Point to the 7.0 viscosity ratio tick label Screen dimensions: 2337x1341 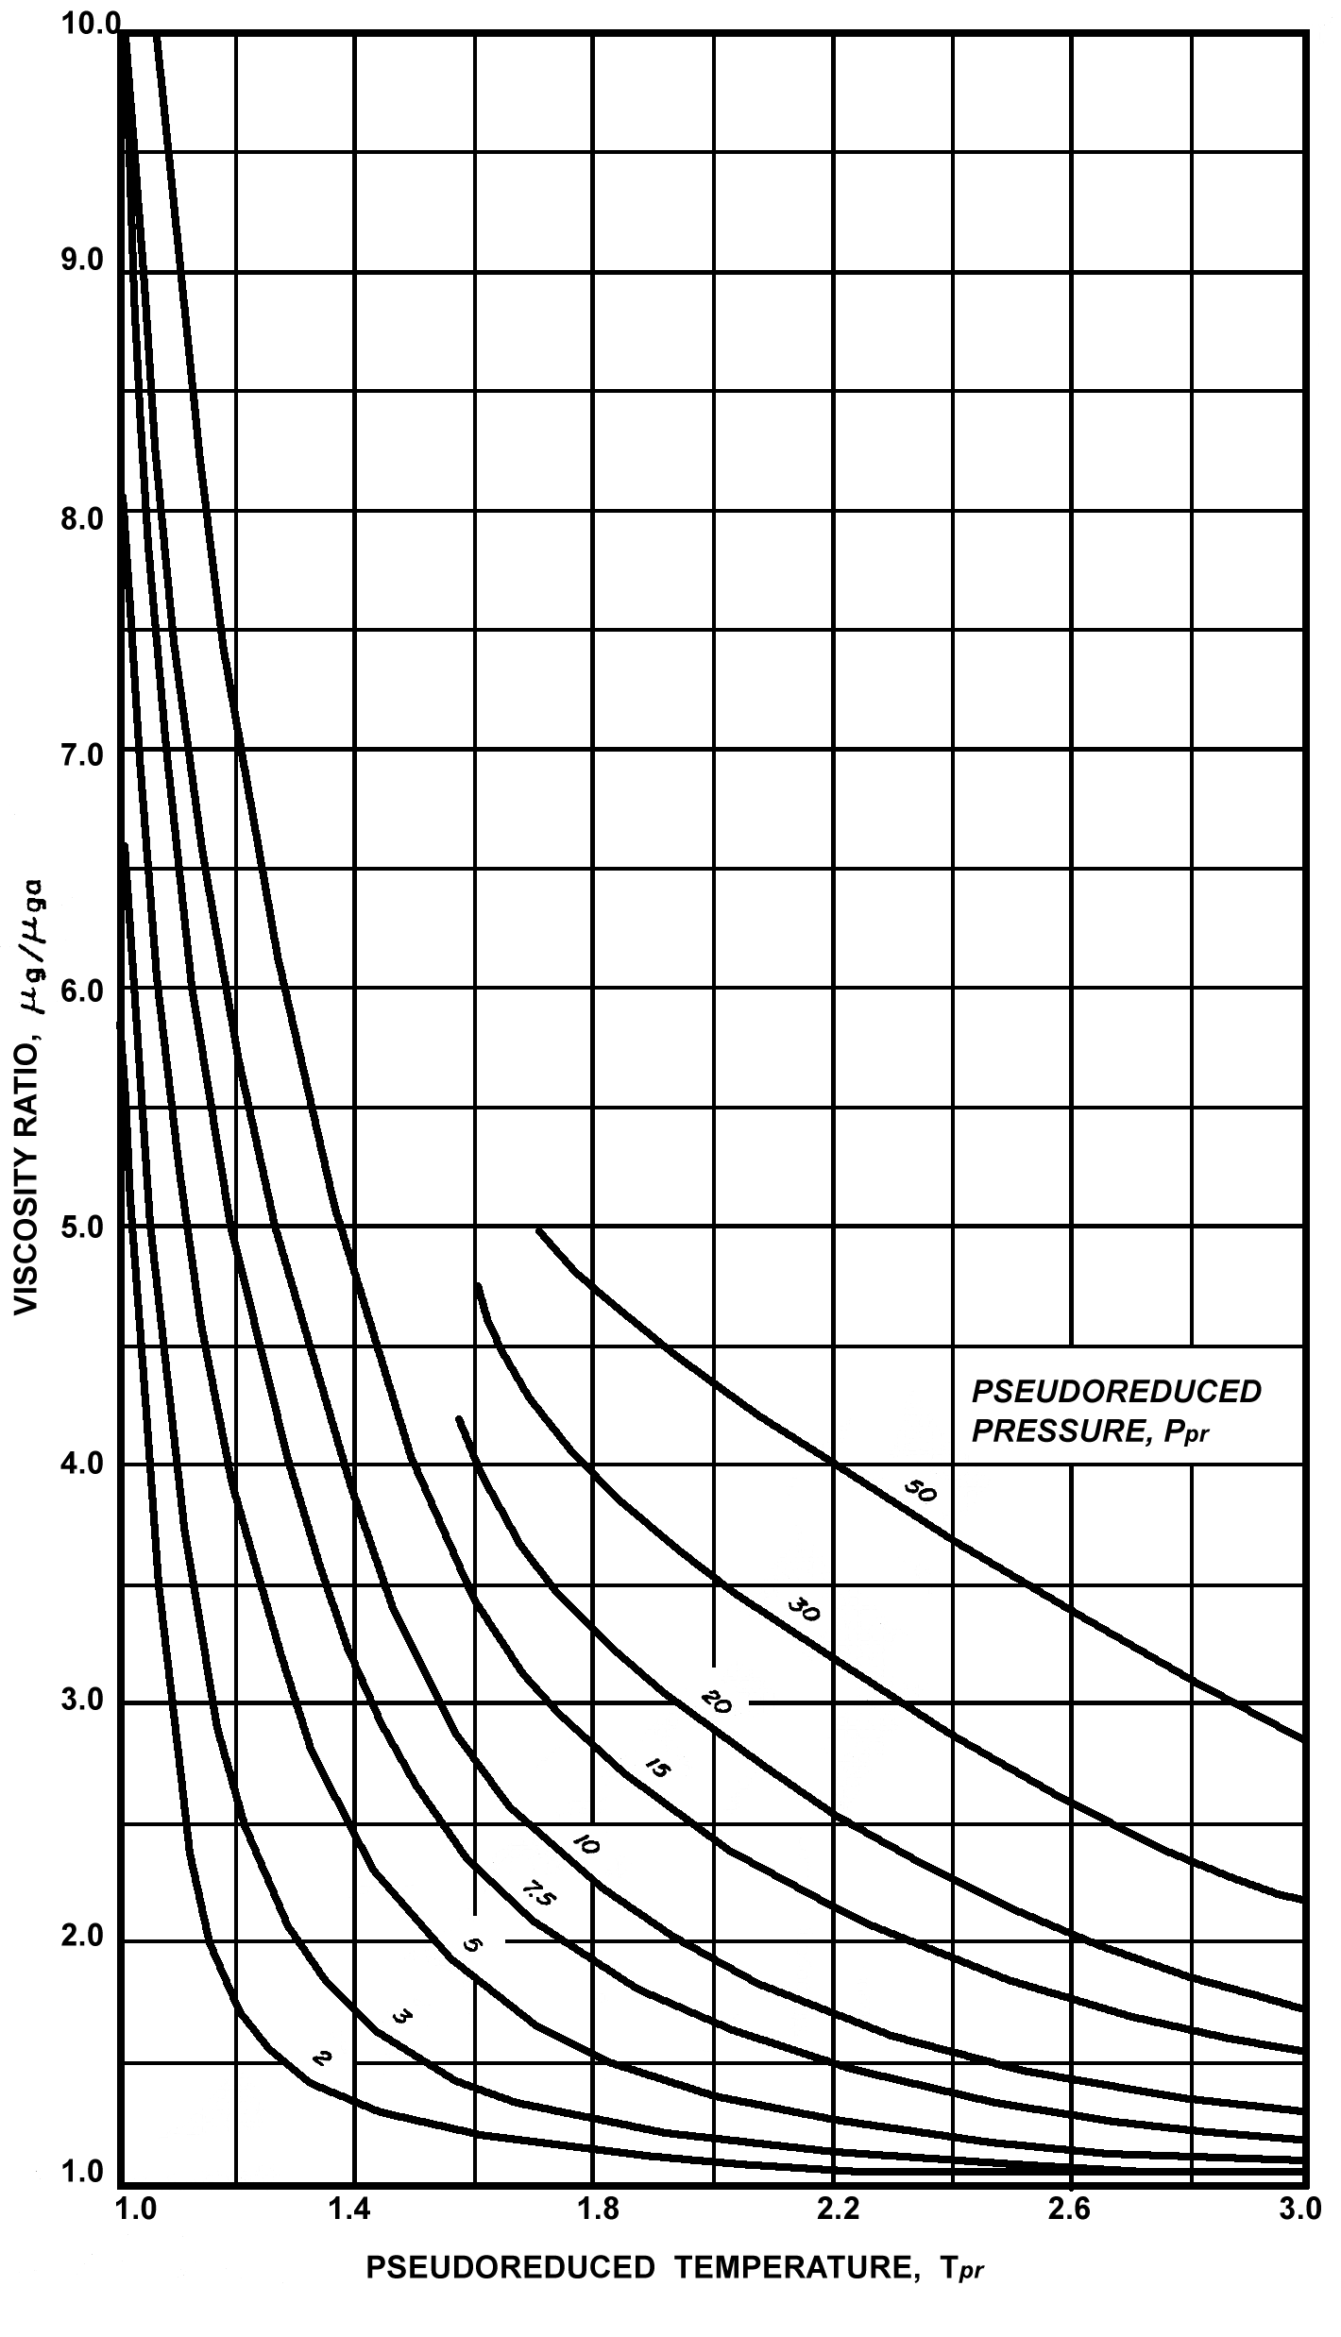(x=82, y=756)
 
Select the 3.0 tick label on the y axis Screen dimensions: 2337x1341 (x=82, y=1702)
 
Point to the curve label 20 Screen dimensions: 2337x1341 (x=717, y=1702)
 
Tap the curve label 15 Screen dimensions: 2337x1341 (x=655, y=1767)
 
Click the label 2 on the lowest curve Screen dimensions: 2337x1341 (x=321, y=2059)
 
